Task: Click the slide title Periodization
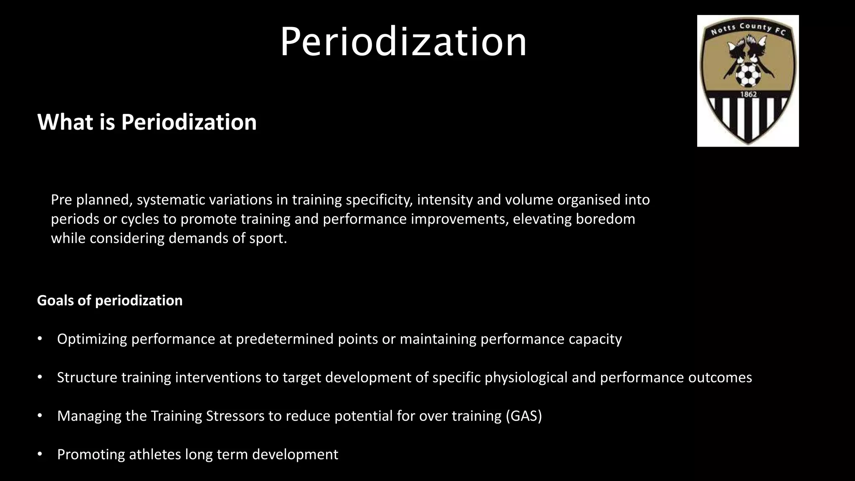[x=403, y=42]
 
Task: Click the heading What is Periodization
[x=147, y=122]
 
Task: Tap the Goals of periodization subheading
[x=110, y=301]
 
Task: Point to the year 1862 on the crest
[x=748, y=94]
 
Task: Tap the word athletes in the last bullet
[x=154, y=454]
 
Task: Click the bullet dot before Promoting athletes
[x=40, y=454]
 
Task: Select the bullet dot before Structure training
[x=40, y=377]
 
